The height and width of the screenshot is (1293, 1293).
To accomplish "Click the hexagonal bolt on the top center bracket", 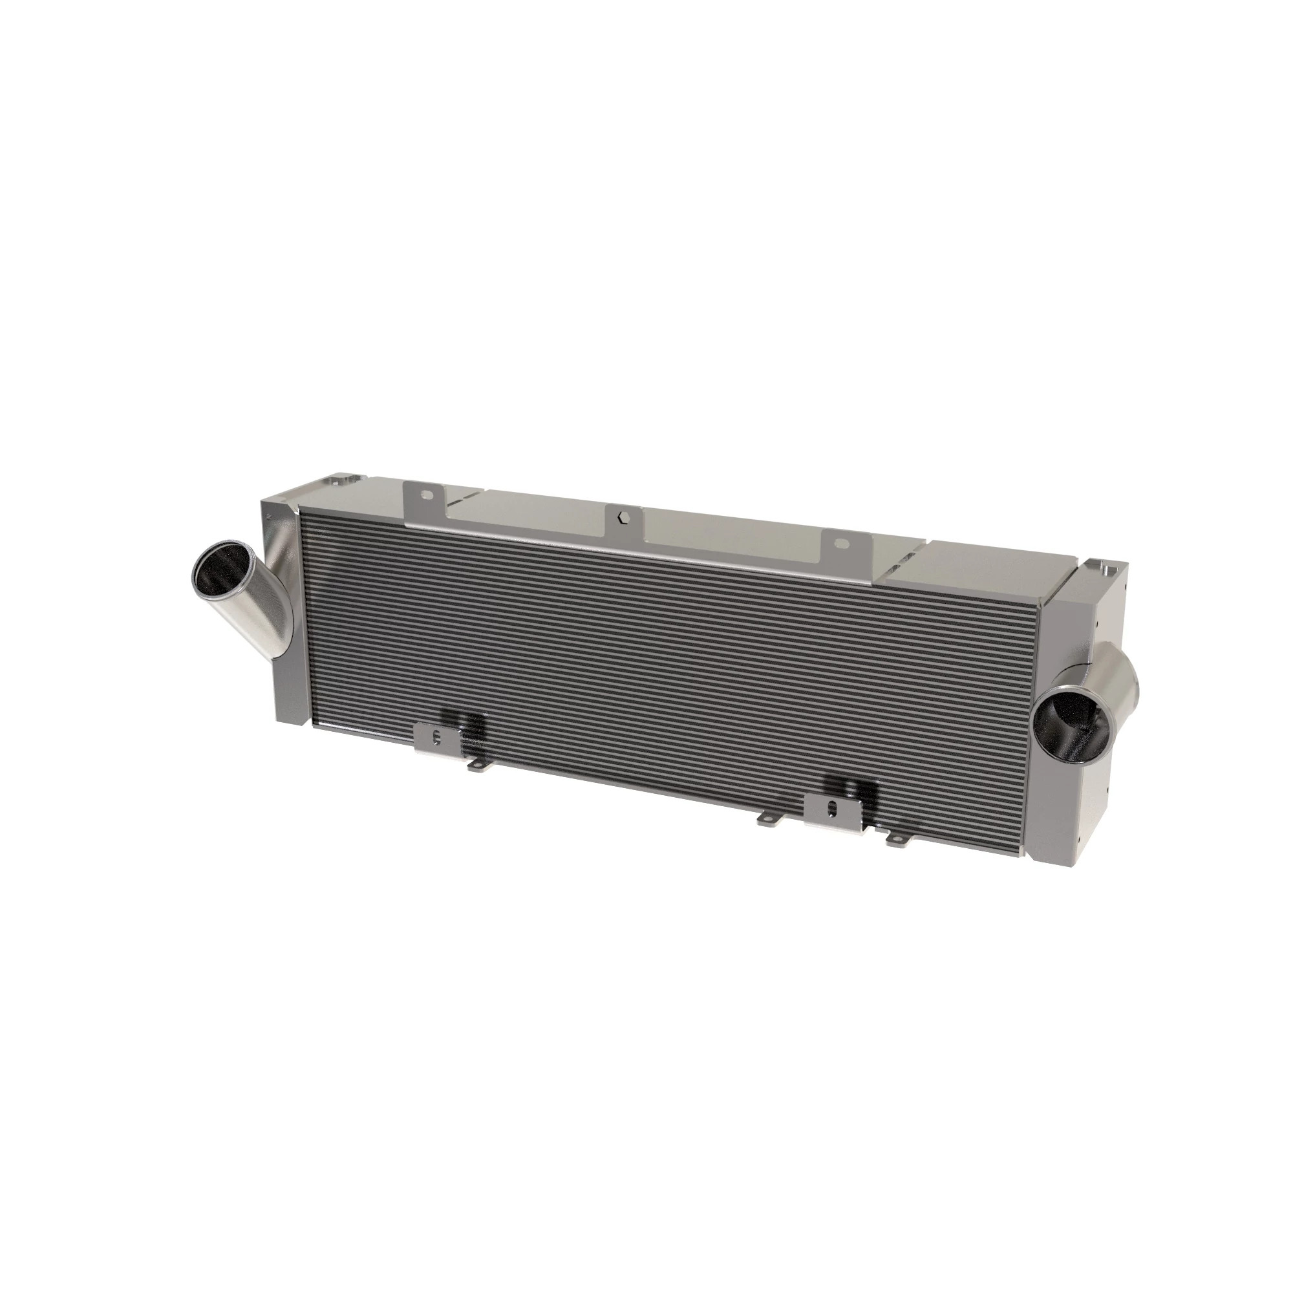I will point(623,517).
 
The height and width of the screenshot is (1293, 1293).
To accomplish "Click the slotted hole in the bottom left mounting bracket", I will point(437,738).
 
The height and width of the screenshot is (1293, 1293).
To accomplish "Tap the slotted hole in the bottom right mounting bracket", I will point(832,807).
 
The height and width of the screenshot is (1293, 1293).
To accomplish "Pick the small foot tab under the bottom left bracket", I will point(476,767).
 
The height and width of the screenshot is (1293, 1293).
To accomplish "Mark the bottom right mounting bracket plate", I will point(832,813).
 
